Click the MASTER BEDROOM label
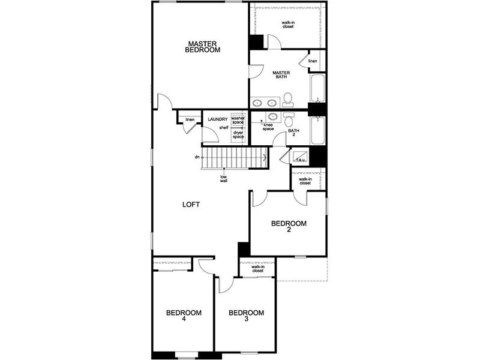tap(203, 47)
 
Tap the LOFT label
tap(191, 205)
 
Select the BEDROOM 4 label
tap(184, 316)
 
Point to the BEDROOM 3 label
tap(247, 316)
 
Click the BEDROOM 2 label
tap(289, 226)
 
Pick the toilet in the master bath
tap(288, 100)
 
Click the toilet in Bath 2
tap(289, 119)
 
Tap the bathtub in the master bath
tap(318, 88)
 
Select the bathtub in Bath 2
tap(318, 130)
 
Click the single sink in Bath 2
tap(272, 116)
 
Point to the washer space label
tap(238, 120)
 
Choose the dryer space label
tap(238, 134)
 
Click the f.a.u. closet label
tap(301, 160)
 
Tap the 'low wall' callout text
tap(223, 179)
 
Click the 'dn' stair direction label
tap(197, 157)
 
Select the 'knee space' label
tap(268, 127)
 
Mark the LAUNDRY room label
tap(218, 119)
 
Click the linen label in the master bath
tap(313, 61)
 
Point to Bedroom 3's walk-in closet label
tap(258, 269)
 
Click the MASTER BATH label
tap(281, 74)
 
